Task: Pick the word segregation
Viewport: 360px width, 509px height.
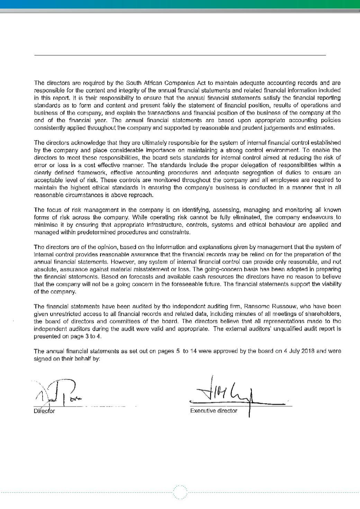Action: pyautogui.click(x=259, y=172)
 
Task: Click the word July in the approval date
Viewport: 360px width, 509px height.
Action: pyautogui.click(x=294, y=351)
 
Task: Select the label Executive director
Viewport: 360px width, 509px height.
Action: pyautogui.click(x=214, y=411)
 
